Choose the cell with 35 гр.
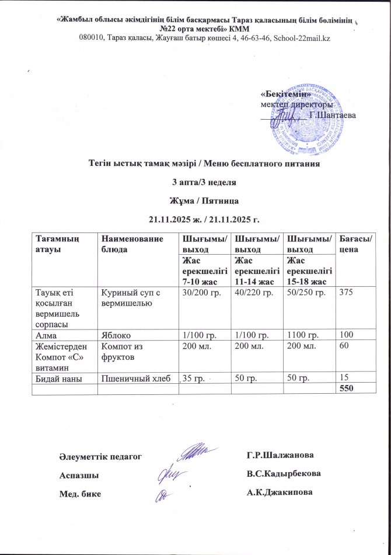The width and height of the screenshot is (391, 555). [194, 379]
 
